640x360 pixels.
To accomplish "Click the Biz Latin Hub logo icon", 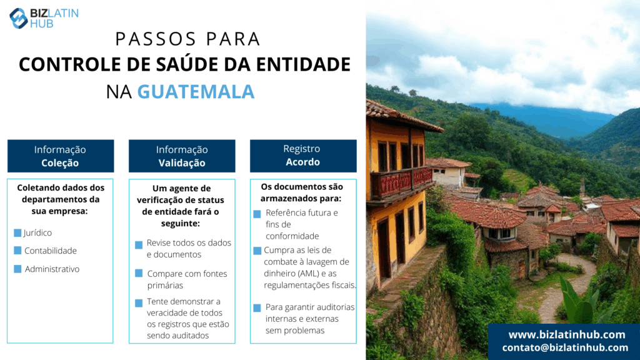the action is (x=18, y=18).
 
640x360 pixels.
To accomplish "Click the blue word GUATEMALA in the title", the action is (x=196, y=91).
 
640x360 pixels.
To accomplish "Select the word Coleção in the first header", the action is (x=60, y=163).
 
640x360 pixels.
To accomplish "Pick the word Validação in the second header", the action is (x=182, y=163).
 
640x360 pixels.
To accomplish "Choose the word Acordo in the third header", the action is (x=302, y=162).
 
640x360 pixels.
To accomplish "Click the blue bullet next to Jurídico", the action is (x=17, y=232).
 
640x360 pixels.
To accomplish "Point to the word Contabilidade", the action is (x=51, y=251).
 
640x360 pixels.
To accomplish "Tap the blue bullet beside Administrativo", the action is (x=17, y=269).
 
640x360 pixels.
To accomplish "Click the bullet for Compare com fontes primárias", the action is (x=139, y=273).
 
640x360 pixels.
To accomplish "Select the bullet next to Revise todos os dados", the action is (x=139, y=244).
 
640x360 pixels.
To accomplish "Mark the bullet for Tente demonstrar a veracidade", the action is (x=139, y=303).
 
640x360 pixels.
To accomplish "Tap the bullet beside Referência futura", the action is (x=257, y=214).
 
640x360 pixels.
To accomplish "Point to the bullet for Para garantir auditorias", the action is (x=257, y=307).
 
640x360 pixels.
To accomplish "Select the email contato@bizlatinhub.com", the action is (x=565, y=347).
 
